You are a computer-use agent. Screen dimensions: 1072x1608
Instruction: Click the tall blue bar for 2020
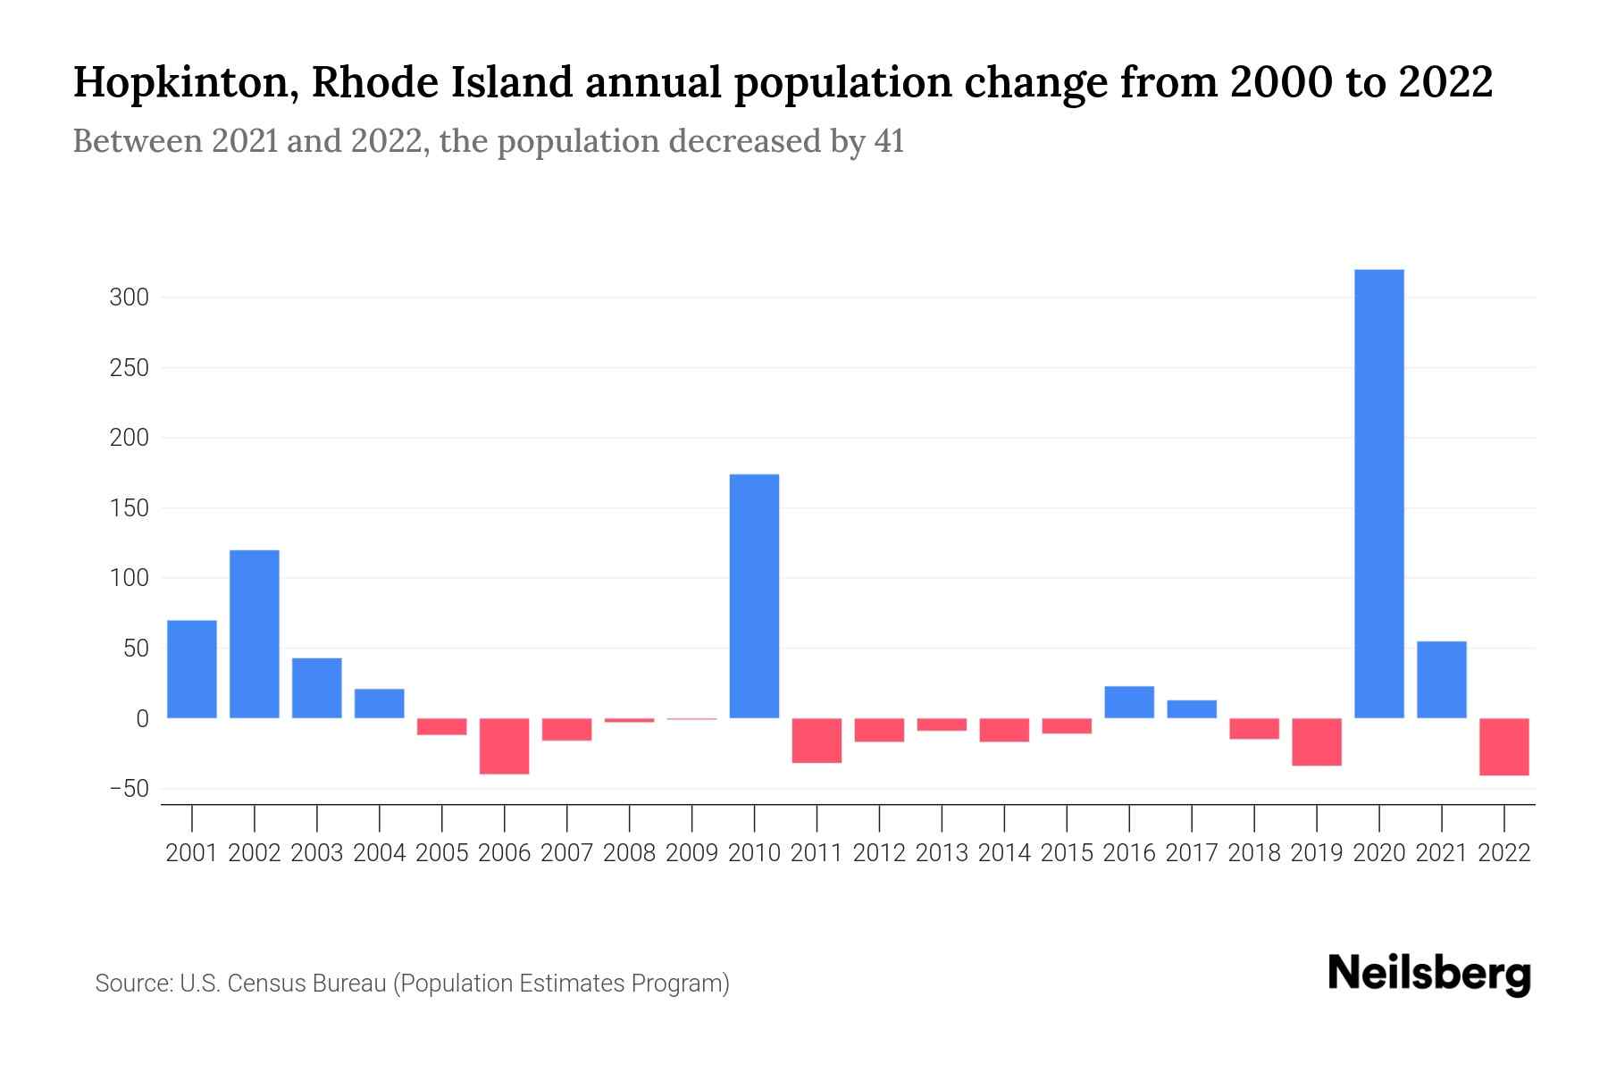tap(1379, 493)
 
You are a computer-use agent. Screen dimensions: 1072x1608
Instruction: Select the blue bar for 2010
tap(754, 596)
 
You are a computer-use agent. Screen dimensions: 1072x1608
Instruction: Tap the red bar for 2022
tap(1504, 747)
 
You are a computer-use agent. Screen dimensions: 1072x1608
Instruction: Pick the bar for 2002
tap(255, 633)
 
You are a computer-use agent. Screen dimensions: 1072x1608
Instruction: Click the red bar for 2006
tap(505, 746)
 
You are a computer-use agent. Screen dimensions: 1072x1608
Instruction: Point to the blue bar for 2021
tap(1442, 680)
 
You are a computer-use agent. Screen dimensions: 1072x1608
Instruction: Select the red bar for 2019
tap(1317, 741)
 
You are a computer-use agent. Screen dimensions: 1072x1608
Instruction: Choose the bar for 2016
tap(1129, 702)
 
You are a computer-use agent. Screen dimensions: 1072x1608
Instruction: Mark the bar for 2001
tap(192, 669)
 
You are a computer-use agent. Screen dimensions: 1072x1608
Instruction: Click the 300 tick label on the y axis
tap(129, 297)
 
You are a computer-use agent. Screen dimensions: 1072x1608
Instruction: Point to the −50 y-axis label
tap(129, 789)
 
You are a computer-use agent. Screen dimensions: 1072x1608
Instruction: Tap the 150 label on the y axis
tap(129, 508)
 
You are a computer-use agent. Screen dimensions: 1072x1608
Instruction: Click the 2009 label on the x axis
tap(692, 853)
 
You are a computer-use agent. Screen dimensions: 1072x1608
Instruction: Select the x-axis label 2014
tap(1004, 853)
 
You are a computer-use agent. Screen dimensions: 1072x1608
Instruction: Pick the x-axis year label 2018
tap(1254, 853)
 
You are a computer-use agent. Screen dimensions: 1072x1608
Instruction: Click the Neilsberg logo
tap(1429, 975)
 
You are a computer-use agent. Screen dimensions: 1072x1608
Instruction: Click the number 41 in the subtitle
tap(889, 141)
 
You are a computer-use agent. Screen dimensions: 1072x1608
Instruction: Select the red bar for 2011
tap(817, 741)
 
